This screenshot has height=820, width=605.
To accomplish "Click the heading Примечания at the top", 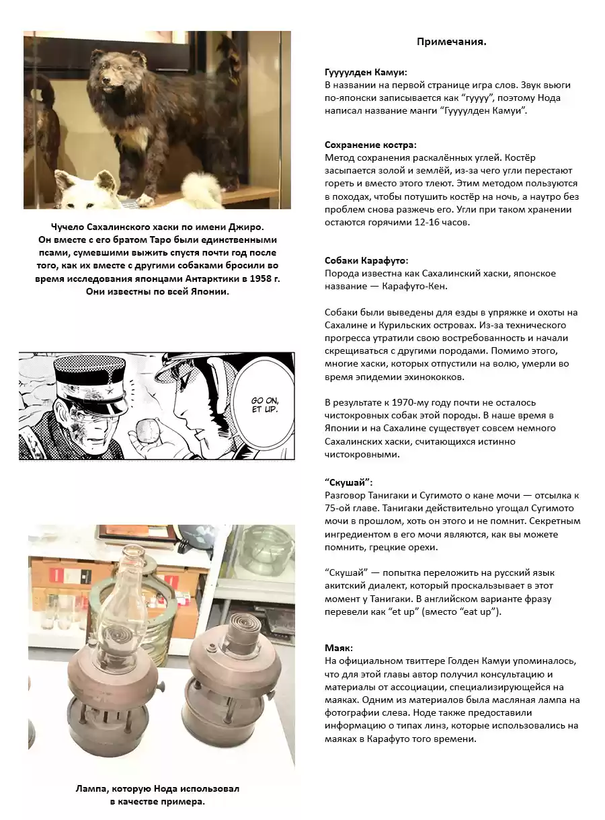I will (x=451, y=42).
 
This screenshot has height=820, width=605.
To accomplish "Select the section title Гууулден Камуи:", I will (x=366, y=72).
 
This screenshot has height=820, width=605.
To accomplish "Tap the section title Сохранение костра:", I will (x=370, y=145).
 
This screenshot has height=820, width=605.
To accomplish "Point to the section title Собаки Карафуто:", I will (x=366, y=260).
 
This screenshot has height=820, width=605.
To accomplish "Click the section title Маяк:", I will (x=339, y=648).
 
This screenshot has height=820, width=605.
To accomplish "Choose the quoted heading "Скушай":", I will (x=348, y=483).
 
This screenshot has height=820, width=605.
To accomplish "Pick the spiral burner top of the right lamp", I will (x=236, y=630).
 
